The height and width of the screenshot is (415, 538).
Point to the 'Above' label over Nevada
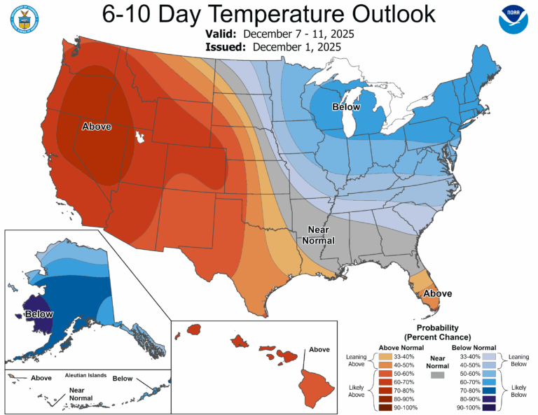pos(96,127)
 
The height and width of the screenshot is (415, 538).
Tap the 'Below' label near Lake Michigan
pos(346,107)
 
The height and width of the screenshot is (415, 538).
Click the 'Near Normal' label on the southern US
pos(318,235)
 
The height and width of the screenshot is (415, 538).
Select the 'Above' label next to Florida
pos(437,293)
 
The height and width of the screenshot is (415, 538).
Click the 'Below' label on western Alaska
pos(39,314)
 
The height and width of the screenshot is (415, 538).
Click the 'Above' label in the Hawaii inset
pos(319,349)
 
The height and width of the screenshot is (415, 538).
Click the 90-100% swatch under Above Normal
pos(385,407)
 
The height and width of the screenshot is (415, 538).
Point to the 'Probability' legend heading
pos(436,328)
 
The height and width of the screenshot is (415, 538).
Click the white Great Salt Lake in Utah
pos(144,137)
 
